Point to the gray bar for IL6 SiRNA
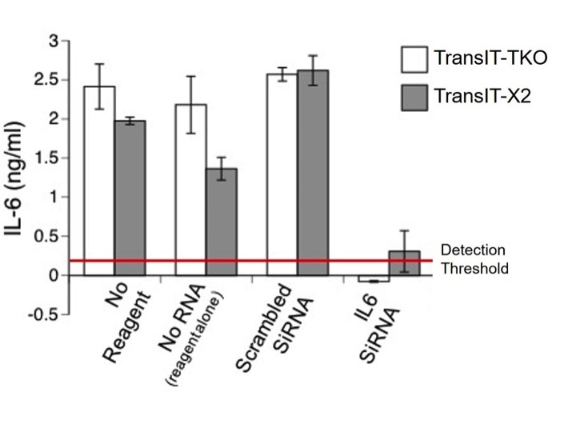click(404, 263)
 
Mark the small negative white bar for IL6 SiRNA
click(374, 279)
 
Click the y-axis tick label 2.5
click(47, 79)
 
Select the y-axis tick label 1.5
click(47, 158)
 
